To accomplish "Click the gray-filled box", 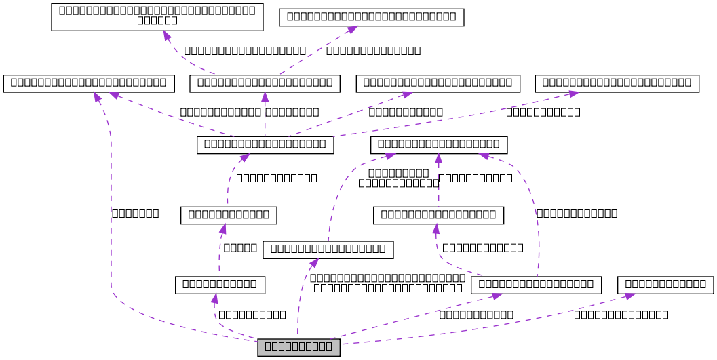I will pyautogui.click(x=298, y=347).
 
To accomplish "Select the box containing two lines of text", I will pyautogui.click(x=157, y=16).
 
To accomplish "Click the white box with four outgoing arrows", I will pyautogui.click(x=265, y=144).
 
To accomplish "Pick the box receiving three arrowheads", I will pyautogui.click(x=438, y=144).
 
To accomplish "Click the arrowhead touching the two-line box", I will pyautogui.click(x=167, y=35).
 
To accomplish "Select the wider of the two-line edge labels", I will pyautogui.click(x=389, y=283).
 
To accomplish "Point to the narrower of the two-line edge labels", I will pyautogui.click(x=398, y=178).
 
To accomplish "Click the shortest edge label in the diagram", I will pyautogui.click(x=239, y=247).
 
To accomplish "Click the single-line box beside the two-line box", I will pyautogui.click(x=371, y=17).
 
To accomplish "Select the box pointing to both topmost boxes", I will pyautogui.click(x=265, y=83).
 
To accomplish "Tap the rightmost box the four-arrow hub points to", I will pyautogui.click(x=617, y=83).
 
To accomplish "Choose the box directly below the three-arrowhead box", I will pyautogui.click(x=438, y=216).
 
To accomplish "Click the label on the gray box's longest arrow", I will pyautogui.click(x=135, y=213).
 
